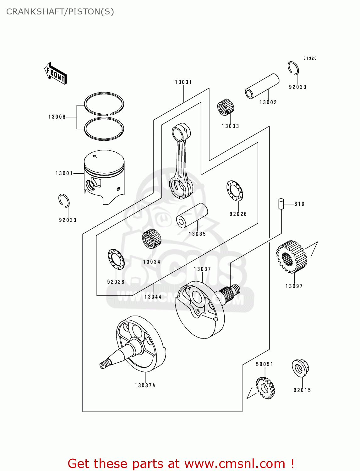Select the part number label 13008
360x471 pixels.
(x=57, y=117)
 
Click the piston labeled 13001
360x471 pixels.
(x=104, y=176)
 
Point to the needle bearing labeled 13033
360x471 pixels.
(x=226, y=107)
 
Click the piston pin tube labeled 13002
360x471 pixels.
(x=262, y=86)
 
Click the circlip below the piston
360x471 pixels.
(x=64, y=201)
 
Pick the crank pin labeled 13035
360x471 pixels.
(x=192, y=215)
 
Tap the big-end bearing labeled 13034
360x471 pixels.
(x=151, y=239)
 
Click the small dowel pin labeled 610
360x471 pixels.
(x=281, y=203)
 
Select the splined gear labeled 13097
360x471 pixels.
(x=291, y=257)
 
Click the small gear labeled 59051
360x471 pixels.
(x=265, y=388)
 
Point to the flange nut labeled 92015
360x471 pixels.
(x=300, y=368)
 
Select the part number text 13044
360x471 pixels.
(x=153, y=297)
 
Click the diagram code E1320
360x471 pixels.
(x=310, y=58)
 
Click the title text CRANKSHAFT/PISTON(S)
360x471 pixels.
(x=60, y=12)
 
